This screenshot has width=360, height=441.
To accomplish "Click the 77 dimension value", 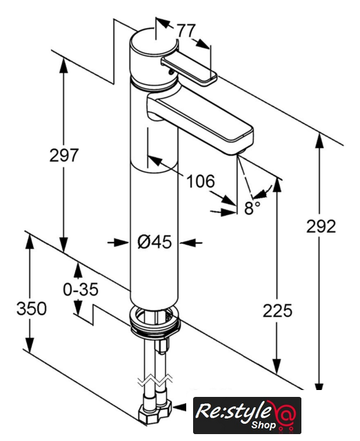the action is pos(186,30).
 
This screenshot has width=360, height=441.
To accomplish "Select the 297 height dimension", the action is pos(64,155).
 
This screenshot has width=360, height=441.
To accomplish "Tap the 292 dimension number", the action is pos(321,226).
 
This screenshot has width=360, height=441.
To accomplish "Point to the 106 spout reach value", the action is pos(201,181).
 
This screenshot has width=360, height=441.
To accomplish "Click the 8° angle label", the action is pos(252,207).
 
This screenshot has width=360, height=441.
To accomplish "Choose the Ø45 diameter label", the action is pos(154,242).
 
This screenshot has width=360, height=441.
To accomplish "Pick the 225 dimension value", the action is pos(277,311).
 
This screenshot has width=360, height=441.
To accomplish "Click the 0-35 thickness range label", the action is pos(81,289).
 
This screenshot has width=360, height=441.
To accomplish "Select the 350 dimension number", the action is pos(32,308).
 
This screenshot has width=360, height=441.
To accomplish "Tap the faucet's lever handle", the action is pos(188,69).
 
